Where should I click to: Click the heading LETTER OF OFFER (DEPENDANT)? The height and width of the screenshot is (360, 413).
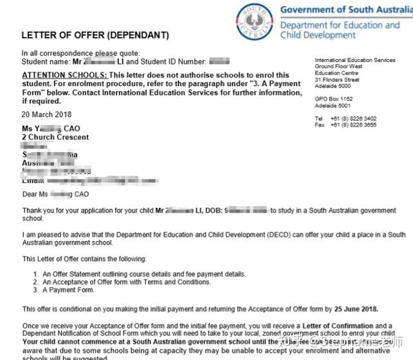click(x=95, y=35)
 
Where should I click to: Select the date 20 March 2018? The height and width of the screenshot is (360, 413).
click(x=45, y=114)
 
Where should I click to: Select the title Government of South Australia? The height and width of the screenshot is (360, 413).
click(x=341, y=10)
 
